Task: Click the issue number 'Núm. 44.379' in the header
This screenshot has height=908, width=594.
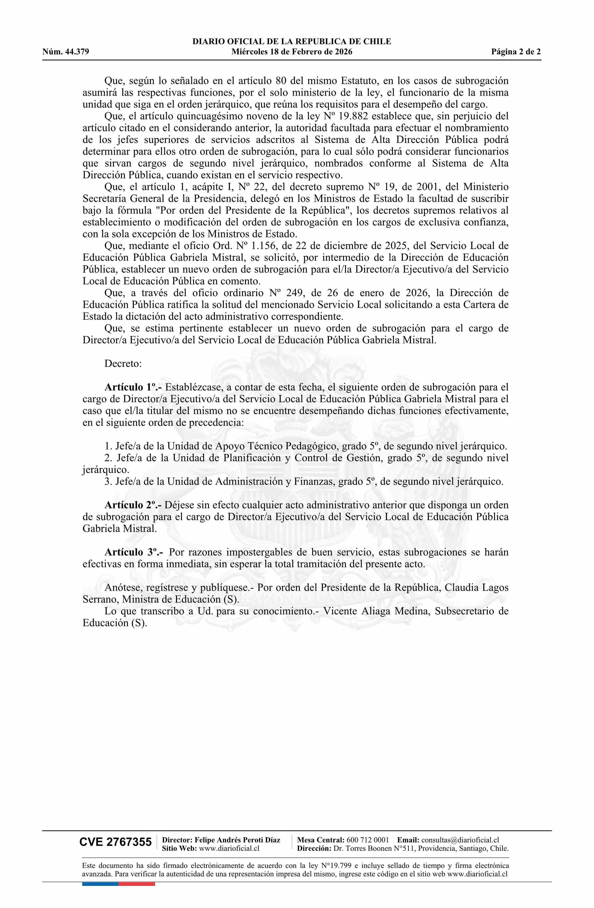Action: pyautogui.click(x=66, y=52)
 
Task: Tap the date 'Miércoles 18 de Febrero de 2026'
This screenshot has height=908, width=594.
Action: pyautogui.click(x=292, y=52)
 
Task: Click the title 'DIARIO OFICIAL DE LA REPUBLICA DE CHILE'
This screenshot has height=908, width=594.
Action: pyautogui.click(x=292, y=42)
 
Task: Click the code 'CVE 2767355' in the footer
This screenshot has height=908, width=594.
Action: pyautogui.click(x=115, y=842)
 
